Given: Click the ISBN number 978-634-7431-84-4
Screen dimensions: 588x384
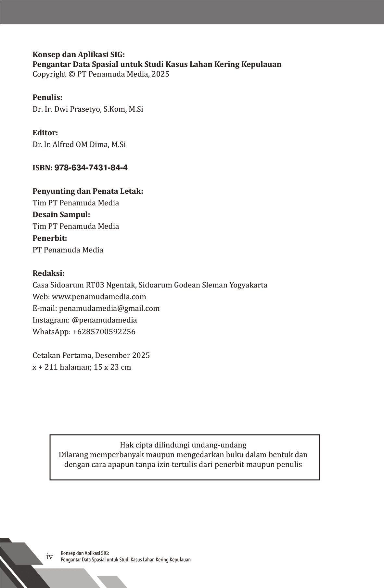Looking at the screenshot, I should [91, 168].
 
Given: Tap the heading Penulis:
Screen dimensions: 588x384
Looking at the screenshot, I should [47, 97].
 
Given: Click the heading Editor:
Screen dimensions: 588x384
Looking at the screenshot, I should [45, 133].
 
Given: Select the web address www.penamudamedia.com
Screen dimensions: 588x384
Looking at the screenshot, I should [99, 297].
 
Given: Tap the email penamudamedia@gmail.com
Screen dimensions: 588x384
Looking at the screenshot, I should [109, 308].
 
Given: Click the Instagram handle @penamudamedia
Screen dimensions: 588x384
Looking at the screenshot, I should [104, 320].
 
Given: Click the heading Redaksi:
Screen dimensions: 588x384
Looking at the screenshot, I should [48, 273].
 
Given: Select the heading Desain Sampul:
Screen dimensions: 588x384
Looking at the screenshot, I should [61, 214].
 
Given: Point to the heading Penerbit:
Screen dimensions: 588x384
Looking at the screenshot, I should [50, 238].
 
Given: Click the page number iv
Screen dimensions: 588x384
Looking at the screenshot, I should [49, 557].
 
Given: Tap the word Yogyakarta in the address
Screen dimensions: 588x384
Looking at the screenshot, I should [249, 285].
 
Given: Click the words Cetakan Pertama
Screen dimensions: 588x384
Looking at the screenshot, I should [62, 355].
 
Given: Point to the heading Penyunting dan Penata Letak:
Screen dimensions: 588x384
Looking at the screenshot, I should [88, 191].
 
